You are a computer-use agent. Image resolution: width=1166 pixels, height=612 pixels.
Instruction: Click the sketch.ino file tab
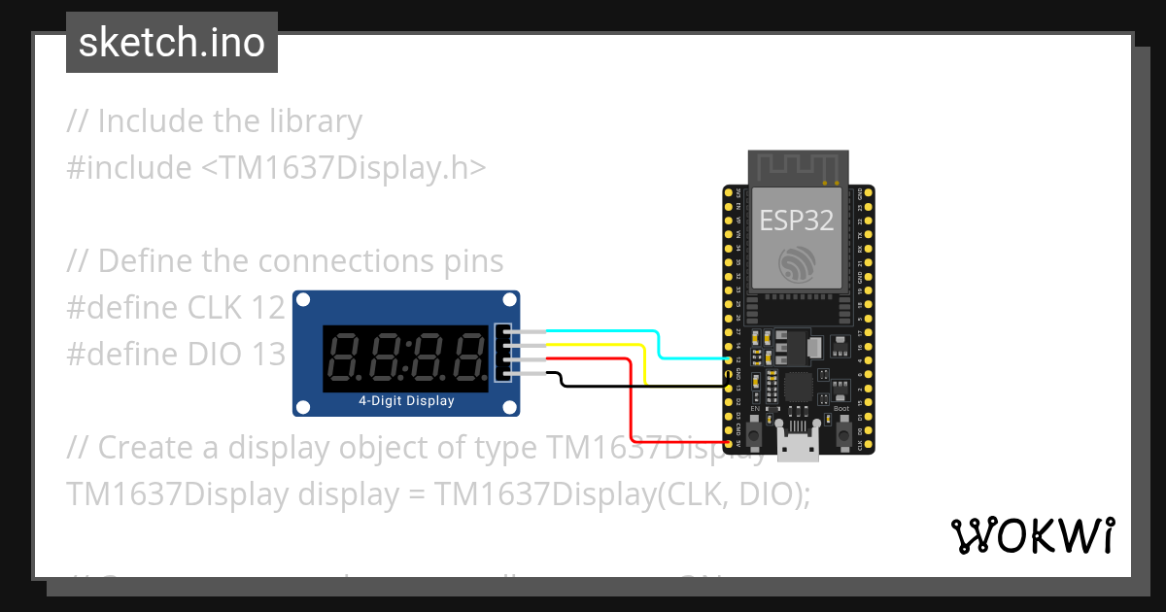point(172,43)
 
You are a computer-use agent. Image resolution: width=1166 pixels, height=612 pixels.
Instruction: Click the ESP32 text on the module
point(796,221)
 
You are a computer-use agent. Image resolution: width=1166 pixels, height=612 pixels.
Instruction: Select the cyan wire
point(661,345)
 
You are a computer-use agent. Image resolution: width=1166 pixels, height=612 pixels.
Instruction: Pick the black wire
point(641,386)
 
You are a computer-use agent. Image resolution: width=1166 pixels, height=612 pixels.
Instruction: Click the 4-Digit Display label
point(406,400)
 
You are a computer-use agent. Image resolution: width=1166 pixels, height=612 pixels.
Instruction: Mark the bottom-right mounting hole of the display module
point(508,405)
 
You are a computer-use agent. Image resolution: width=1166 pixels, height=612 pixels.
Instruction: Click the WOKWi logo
point(1032,535)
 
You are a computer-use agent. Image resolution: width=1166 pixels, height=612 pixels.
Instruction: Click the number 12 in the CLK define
point(267,307)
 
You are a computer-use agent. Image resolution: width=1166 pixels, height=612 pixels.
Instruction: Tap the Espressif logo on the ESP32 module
point(797,264)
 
